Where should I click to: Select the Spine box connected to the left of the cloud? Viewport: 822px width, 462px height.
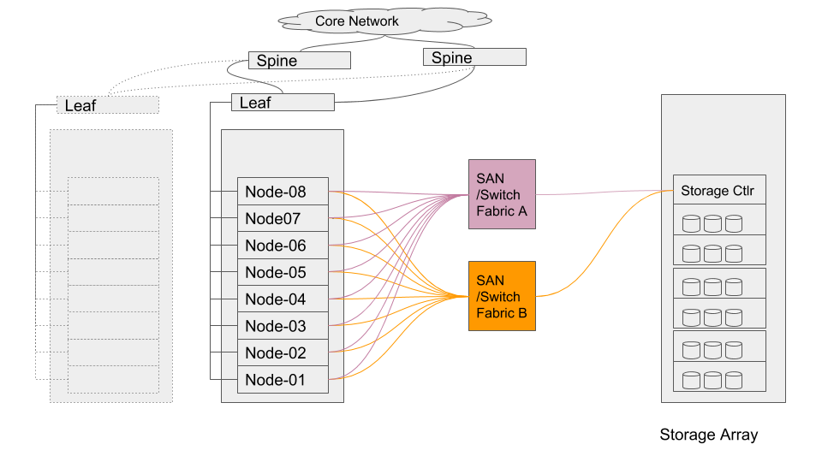point(299,60)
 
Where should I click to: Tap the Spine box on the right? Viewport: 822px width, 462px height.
point(474,57)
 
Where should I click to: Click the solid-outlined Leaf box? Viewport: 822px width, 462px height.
point(282,103)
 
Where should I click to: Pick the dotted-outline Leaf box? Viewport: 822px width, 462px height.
point(107,105)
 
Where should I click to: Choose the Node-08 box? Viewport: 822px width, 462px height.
point(283,192)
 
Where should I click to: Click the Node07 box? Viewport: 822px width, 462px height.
point(283,218)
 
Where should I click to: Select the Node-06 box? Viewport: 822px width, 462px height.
point(283,246)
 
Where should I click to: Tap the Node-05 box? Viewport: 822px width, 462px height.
point(283,272)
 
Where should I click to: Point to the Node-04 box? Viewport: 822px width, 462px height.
point(283,299)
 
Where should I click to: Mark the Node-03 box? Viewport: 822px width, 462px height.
point(283,326)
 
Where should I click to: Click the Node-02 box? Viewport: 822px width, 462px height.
point(283,352)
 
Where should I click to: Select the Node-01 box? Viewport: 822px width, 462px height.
point(283,379)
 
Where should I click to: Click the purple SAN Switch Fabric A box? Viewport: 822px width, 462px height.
point(502,194)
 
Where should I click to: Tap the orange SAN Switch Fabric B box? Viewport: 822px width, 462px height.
point(502,296)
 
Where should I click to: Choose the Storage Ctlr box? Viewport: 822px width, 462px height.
point(718,190)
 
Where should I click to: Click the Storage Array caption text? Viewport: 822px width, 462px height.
point(708,435)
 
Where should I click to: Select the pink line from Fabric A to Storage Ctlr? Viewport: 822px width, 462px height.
point(599,192)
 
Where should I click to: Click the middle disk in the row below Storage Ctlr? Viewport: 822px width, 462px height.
point(712,223)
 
